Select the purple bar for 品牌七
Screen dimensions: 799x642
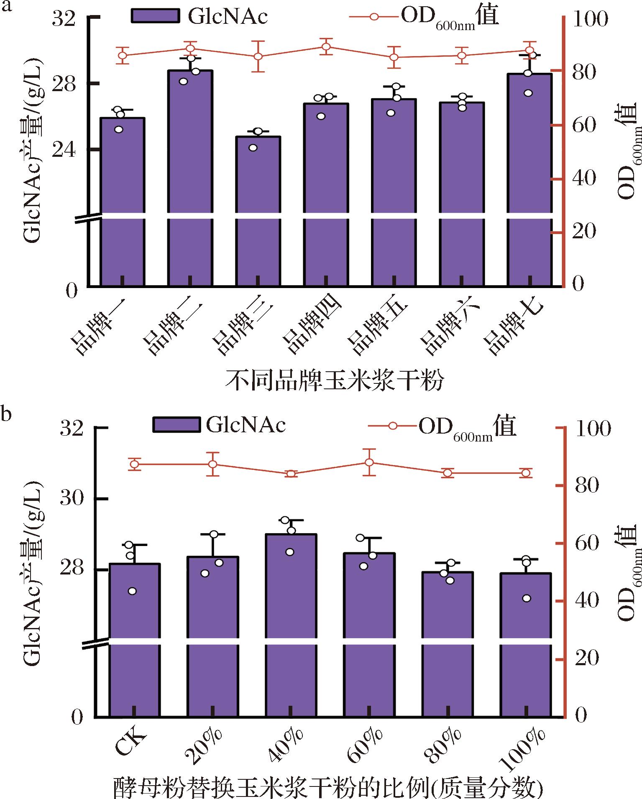point(529,180)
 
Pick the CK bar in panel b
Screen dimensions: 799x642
point(134,640)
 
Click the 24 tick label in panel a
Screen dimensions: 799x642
point(64,150)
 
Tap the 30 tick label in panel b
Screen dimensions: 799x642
point(72,498)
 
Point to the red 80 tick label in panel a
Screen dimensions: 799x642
point(584,72)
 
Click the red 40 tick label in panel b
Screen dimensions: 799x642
point(587,601)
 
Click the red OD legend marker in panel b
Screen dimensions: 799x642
point(393,426)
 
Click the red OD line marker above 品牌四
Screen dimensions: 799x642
point(326,46)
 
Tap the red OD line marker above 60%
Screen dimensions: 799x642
point(369,462)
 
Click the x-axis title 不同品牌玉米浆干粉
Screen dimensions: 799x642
point(335,380)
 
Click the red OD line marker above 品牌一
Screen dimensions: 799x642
point(123,55)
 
